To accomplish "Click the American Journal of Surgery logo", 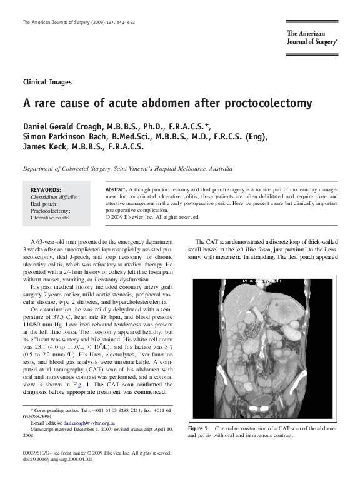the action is (312, 38).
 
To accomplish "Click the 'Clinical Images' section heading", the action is (47, 82).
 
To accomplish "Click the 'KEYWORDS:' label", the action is (46, 189).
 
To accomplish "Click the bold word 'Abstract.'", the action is (116, 189).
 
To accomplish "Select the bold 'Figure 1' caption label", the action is (198, 428).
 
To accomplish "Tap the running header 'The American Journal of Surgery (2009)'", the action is (69, 23).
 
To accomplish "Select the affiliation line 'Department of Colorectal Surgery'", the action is (67, 169).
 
